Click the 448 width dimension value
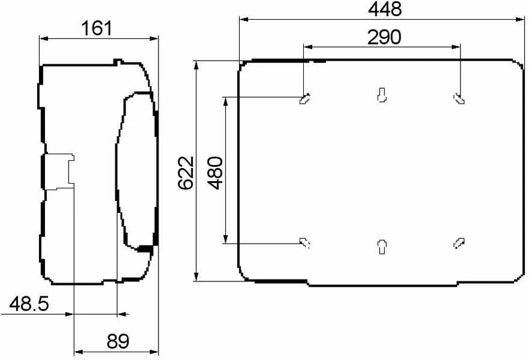385,9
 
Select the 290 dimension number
384,37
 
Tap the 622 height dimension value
187,173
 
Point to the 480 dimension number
215,173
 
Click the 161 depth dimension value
97,28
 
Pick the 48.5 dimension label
29,304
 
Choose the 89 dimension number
118,341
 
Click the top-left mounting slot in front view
305,98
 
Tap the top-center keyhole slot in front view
381,95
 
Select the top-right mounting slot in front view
459,98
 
